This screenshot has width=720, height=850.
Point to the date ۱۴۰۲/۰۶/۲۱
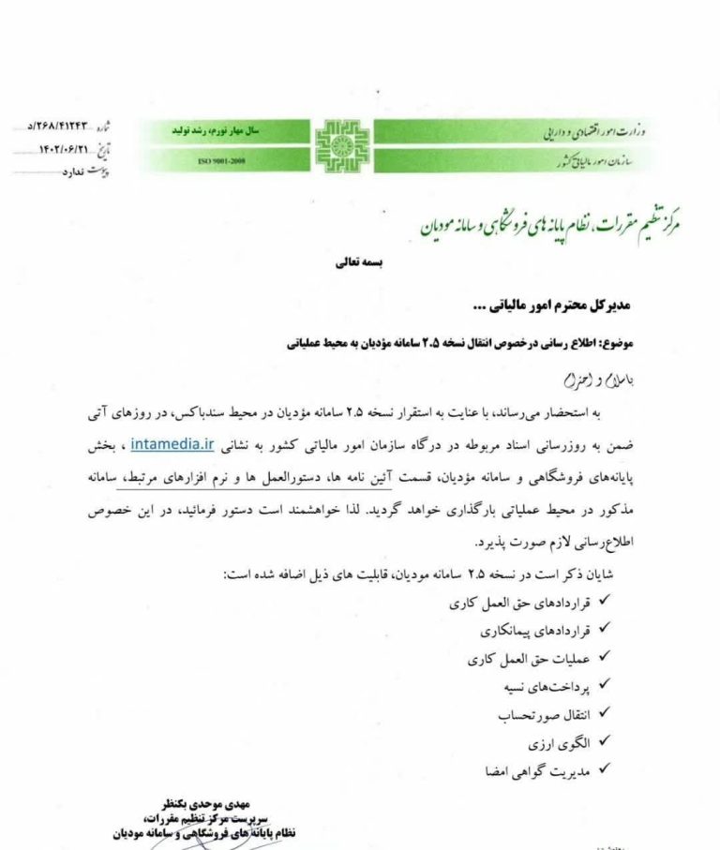pyautogui.click(x=65, y=148)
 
